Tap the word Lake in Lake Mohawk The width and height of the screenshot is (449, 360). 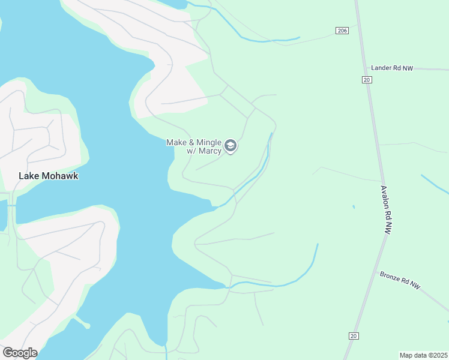(x=29, y=176)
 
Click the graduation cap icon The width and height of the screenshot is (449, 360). (x=230, y=146)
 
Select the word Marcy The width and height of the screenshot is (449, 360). (x=211, y=151)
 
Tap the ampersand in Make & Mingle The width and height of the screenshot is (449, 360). (x=190, y=142)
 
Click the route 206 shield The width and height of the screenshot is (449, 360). (x=342, y=31)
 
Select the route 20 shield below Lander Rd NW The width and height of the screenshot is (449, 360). (x=367, y=79)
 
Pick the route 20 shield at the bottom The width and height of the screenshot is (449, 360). (x=352, y=336)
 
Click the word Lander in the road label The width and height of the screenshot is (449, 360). (x=381, y=68)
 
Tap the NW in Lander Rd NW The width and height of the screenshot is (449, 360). (x=408, y=68)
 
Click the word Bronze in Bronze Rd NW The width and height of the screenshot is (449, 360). (x=391, y=278)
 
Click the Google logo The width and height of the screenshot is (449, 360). (x=20, y=353)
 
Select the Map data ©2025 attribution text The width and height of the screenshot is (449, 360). (x=423, y=355)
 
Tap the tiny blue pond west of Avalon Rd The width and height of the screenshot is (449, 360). (x=354, y=207)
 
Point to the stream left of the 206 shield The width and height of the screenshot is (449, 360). (x=270, y=41)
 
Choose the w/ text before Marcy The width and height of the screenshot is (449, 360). (x=193, y=151)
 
